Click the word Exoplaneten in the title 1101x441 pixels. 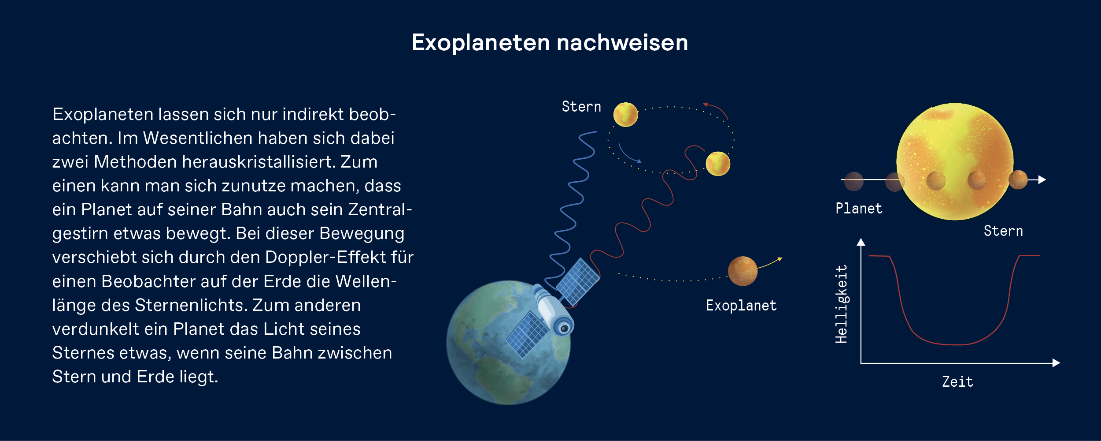coord(481,43)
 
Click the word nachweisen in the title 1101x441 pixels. coord(622,43)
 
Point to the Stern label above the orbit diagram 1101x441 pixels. coord(581,107)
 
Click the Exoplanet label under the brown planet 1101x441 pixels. coord(741,306)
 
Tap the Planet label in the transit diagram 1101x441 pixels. coord(859,209)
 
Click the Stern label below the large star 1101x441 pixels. coord(1003,231)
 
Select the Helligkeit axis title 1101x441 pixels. coord(841,304)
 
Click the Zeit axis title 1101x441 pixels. coord(957,382)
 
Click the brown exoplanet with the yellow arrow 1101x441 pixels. coord(743,271)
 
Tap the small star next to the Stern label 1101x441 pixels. coord(625,115)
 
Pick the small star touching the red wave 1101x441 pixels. coord(718,164)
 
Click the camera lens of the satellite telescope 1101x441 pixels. coord(564,328)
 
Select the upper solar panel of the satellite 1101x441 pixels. coord(578,282)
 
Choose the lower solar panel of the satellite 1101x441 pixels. coord(528,335)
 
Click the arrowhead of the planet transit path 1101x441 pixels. coord(1042,180)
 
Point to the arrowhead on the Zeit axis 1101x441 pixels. coord(1056,363)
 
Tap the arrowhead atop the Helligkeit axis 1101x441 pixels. coord(861,242)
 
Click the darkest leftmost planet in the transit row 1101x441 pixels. coord(853,181)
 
